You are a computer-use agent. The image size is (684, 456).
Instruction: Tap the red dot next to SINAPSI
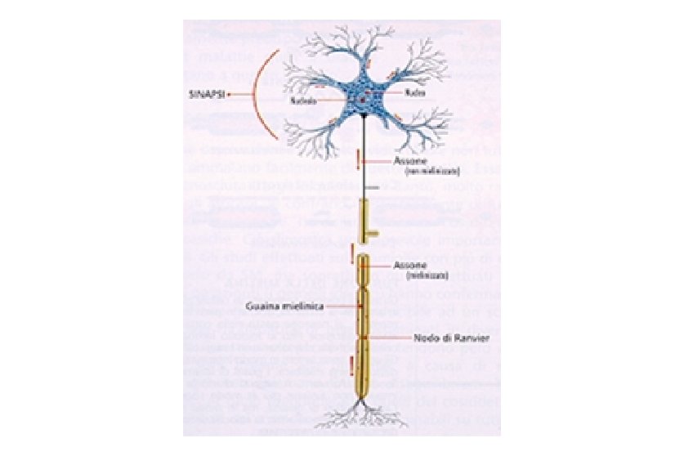229,94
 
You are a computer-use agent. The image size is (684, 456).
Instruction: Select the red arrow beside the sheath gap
352,256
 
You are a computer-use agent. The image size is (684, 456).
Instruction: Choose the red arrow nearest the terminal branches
352,364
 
